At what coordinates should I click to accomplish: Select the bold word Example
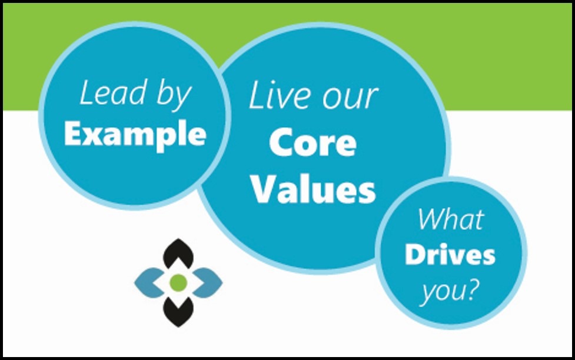[135, 135]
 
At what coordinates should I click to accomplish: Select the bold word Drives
[450, 255]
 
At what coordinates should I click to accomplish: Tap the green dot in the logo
[178, 283]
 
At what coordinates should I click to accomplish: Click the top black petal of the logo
[178, 254]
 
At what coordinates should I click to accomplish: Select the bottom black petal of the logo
[178, 311]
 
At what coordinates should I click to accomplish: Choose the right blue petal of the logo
[208, 282]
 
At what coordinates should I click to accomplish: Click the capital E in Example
[72, 135]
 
